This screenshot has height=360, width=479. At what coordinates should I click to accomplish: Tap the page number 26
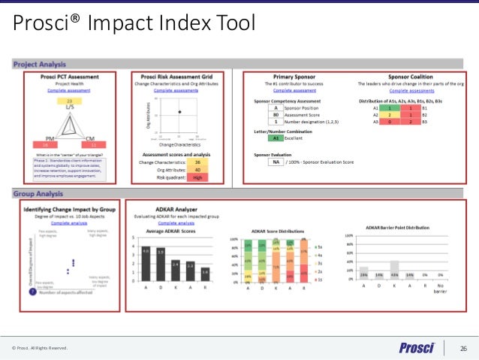click(462, 347)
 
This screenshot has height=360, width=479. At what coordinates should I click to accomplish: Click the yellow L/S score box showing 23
click(70, 101)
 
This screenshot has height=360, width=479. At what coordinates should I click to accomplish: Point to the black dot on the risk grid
click(179, 112)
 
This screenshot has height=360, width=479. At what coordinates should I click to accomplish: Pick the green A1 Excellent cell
click(276, 138)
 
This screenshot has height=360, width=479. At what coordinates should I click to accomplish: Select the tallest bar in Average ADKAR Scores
click(146, 265)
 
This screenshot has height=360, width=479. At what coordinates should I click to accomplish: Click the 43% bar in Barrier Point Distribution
click(394, 269)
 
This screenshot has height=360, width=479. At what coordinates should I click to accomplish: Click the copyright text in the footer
click(39, 347)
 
